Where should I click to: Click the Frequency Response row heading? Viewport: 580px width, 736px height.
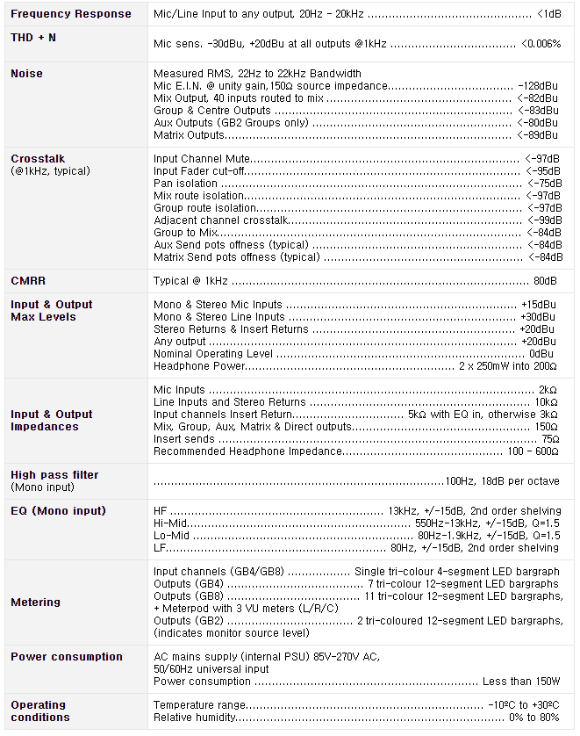click(x=71, y=14)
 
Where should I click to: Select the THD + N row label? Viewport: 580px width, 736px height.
click(x=33, y=39)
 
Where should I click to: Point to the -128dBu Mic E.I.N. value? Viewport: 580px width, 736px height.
click(x=538, y=86)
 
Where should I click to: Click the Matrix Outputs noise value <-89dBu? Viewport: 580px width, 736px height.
click(x=538, y=135)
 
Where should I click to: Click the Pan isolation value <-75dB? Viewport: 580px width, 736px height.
click(x=543, y=184)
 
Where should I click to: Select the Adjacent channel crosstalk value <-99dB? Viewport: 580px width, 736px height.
click(x=543, y=220)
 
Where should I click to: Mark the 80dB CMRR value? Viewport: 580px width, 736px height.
click(x=545, y=281)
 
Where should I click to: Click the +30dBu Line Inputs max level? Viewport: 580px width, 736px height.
click(x=538, y=317)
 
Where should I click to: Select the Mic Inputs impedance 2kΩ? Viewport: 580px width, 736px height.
click(x=548, y=390)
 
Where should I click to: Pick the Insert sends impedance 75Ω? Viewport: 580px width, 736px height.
click(x=550, y=439)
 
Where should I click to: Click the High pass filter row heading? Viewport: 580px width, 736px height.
click(x=54, y=475)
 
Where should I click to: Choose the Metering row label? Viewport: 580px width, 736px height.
click(x=35, y=603)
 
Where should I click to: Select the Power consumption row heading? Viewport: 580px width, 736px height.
click(x=67, y=657)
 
